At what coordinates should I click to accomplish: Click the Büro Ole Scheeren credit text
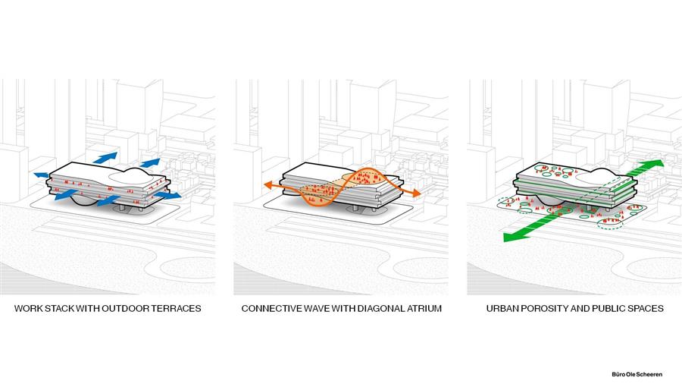tap(637, 374)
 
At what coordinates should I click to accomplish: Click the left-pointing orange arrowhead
tap(269, 185)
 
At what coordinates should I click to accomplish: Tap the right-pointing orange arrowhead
tap(416, 193)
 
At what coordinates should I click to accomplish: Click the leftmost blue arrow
tap(42, 175)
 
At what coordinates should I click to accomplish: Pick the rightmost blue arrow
tap(168, 196)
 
